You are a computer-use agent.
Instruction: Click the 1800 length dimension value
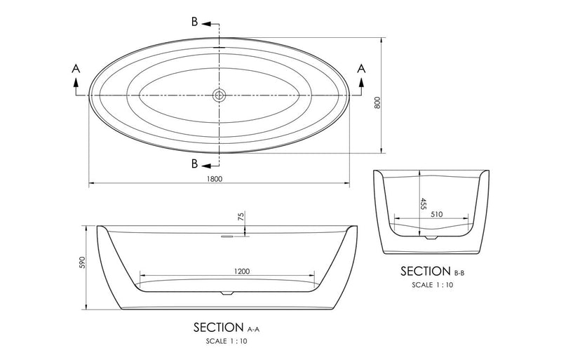tap(215, 179)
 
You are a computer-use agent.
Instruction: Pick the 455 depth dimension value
tap(424, 204)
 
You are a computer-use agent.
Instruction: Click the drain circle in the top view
tap(219, 95)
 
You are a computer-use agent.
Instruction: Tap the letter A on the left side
tap(75, 68)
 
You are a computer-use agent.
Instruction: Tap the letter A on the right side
tap(362, 68)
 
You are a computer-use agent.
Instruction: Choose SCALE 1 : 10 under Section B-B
tap(433, 286)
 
